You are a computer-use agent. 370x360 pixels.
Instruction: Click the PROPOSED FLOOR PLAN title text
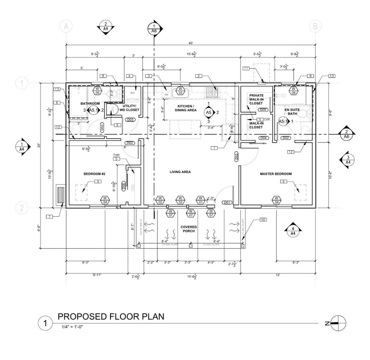[111, 317]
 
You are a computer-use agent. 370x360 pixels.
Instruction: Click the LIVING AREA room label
[180, 172]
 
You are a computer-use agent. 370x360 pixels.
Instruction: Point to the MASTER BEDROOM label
[276, 174]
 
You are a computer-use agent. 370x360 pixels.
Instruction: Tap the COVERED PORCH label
[189, 229]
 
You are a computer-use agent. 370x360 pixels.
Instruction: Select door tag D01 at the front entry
[227, 202]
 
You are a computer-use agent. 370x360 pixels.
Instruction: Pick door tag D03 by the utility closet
[130, 120]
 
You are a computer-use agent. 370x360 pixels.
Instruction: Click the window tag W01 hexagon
[200, 200]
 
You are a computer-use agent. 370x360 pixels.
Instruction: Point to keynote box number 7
[50, 217]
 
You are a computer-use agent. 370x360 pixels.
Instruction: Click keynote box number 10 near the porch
[263, 220]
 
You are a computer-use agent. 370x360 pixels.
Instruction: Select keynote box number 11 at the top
[246, 68]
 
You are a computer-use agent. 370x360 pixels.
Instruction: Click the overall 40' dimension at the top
[190, 43]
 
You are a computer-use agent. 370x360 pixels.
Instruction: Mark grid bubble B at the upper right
[315, 26]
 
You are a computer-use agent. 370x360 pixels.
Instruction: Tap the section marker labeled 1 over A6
[154, 28]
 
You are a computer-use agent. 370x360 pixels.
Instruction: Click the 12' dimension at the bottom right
[278, 275]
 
